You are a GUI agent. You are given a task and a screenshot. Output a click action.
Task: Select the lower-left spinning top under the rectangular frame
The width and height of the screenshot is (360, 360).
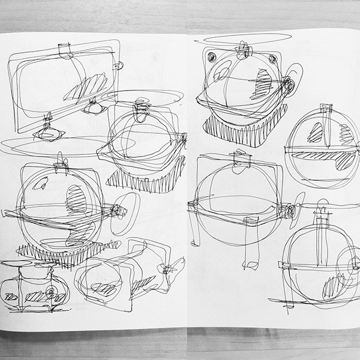tap(47, 133)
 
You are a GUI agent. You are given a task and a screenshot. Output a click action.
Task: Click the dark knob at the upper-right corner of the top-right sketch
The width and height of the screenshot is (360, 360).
tap(272, 58)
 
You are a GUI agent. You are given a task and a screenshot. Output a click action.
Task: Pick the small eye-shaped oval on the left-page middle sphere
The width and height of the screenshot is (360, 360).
tap(76, 200)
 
